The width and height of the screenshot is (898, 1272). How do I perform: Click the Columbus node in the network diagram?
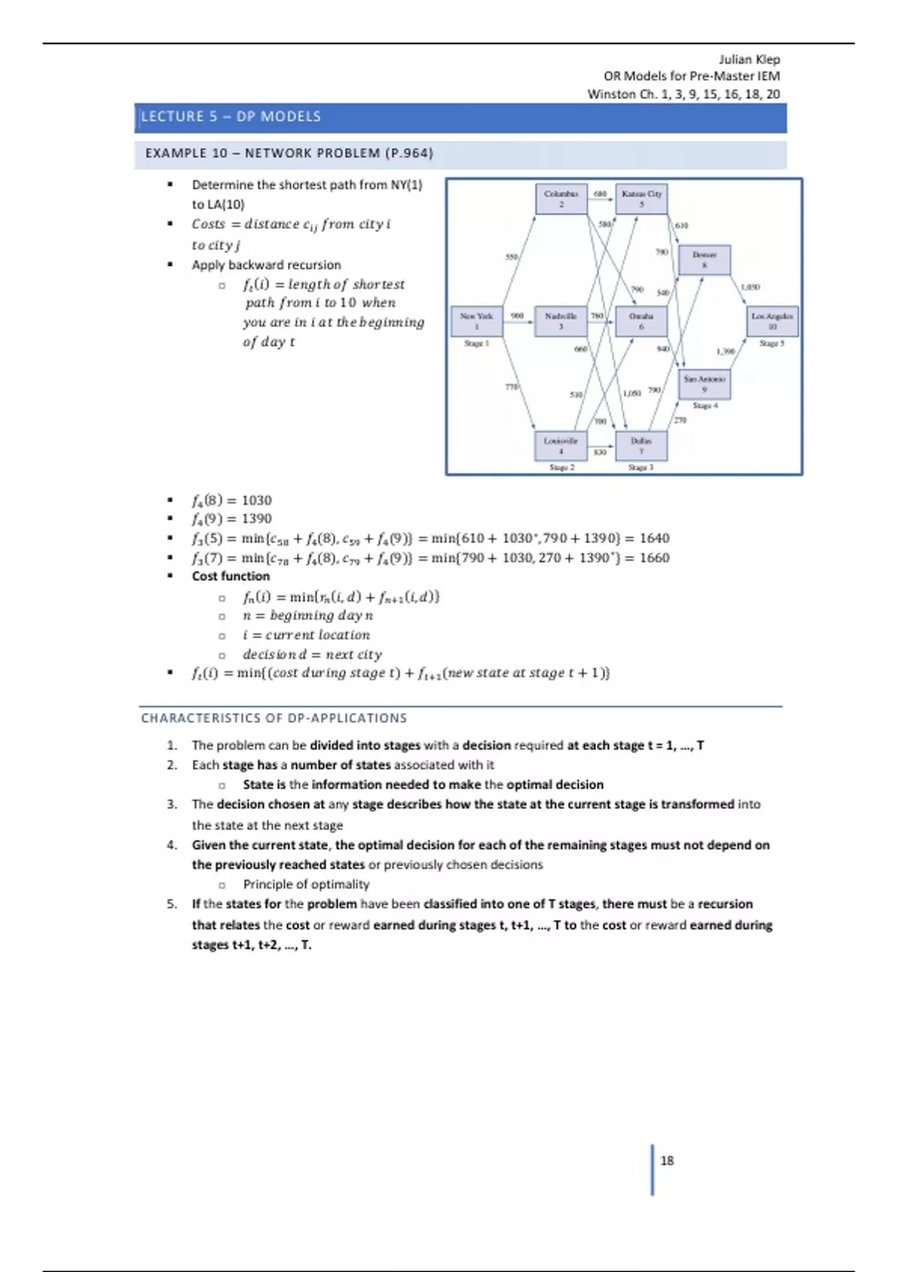pyautogui.click(x=561, y=198)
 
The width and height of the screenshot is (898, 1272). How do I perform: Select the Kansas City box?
pyautogui.click(x=641, y=198)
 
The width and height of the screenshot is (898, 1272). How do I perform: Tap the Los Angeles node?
pyautogui.click(x=772, y=321)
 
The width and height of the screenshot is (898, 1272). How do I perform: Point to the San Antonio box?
pyautogui.click(x=704, y=384)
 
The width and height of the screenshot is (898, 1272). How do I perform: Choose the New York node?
pyautogui.click(x=476, y=321)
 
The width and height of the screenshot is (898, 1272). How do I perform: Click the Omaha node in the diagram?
pyautogui.click(x=641, y=321)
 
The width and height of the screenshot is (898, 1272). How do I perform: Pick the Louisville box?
pyautogui.click(x=561, y=445)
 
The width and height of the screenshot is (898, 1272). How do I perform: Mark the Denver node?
pyautogui.click(x=704, y=260)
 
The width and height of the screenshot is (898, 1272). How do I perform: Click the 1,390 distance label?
pyautogui.click(x=725, y=351)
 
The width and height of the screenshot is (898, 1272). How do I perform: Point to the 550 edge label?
pyautogui.click(x=511, y=257)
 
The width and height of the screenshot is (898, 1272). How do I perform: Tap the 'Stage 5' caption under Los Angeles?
pyautogui.click(x=772, y=343)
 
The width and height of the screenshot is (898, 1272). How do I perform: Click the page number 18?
pyautogui.click(x=667, y=1161)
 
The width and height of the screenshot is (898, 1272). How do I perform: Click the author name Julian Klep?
pyautogui.click(x=749, y=59)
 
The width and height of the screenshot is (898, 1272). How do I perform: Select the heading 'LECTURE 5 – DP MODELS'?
pyautogui.click(x=231, y=117)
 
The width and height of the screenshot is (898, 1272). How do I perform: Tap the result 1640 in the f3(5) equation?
pyautogui.click(x=654, y=538)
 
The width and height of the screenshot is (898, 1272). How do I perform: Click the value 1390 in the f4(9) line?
pyautogui.click(x=256, y=519)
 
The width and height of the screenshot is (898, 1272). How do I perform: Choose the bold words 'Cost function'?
pyautogui.click(x=230, y=576)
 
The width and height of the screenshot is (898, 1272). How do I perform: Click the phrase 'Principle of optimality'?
pyautogui.click(x=306, y=884)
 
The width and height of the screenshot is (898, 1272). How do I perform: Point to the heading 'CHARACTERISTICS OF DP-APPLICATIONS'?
pyautogui.click(x=274, y=718)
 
